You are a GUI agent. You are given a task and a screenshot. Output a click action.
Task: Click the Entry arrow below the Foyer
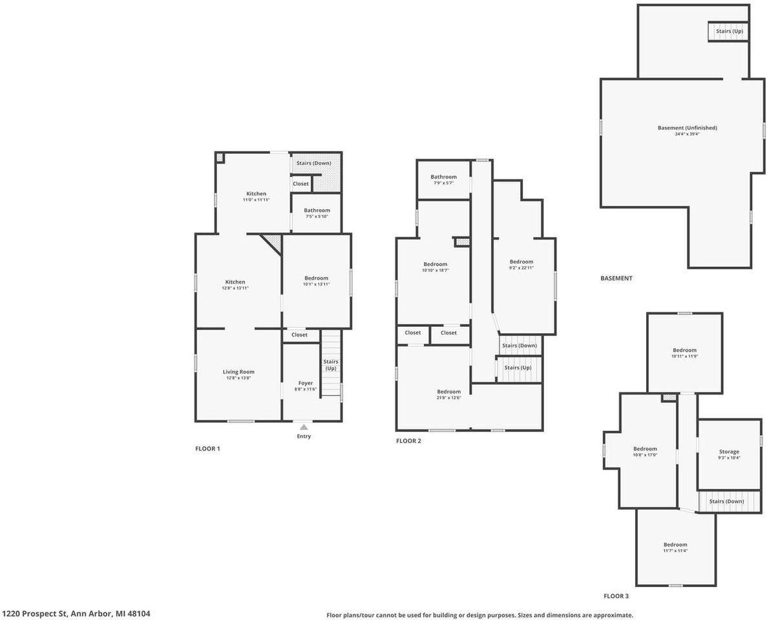click(x=304, y=427)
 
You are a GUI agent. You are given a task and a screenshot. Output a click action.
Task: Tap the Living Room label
click(x=238, y=372)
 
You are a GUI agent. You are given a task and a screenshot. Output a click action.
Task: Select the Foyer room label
click(x=306, y=384)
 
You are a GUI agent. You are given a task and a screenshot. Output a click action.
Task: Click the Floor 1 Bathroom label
click(x=317, y=211)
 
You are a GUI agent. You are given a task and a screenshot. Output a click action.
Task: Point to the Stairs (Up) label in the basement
click(x=729, y=31)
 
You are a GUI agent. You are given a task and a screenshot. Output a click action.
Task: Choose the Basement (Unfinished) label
click(x=687, y=128)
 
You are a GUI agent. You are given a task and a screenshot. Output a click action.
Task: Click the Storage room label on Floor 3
click(x=729, y=452)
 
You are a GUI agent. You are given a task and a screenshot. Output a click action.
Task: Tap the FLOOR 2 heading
click(x=408, y=441)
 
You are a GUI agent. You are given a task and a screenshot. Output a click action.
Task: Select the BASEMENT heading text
click(x=616, y=278)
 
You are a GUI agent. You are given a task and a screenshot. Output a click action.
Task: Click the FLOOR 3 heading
click(x=616, y=597)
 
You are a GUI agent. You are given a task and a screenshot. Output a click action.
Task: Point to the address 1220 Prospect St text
click(x=76, y=614)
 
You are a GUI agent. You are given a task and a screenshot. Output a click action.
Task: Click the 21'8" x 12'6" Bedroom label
click(x=448, y=392)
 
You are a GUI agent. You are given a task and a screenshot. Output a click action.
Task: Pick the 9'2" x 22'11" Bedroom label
click(x=521, y=262)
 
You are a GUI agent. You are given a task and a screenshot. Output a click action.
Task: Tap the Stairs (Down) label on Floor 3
click(x=726, y=501)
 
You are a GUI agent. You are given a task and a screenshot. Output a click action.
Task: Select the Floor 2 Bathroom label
click(x=444, y=177)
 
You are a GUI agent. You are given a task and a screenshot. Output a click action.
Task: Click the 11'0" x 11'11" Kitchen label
click(x=256, y=194)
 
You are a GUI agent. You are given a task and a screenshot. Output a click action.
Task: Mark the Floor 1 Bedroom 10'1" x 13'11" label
click(x=316, y=278)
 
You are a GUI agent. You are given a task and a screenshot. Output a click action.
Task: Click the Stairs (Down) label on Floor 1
click(x=313, y=163)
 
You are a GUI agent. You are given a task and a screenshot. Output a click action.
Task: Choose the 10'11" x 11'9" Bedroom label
click(x=684, y=351)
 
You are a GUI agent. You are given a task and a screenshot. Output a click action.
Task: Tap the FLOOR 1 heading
click(x=207, y=448)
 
